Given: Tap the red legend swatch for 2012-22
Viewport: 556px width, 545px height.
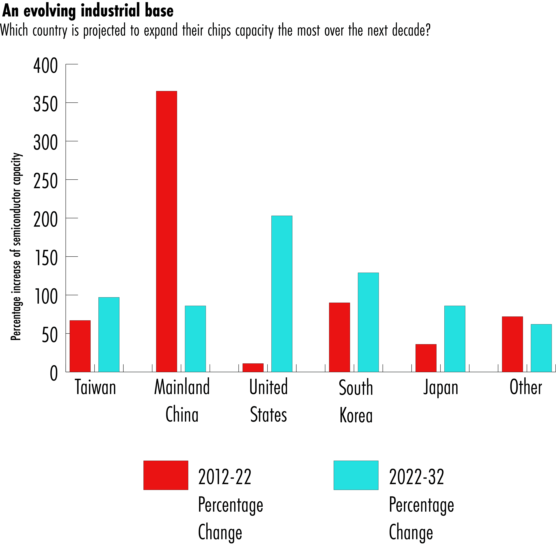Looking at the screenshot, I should tap(166, 475).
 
